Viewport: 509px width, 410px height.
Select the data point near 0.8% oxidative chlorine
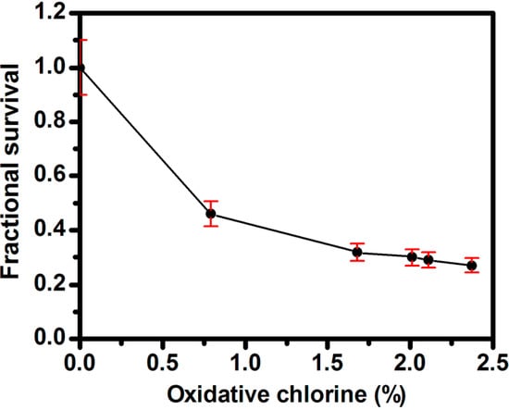click(211, 214)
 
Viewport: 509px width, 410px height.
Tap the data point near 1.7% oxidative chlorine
click(357, 252)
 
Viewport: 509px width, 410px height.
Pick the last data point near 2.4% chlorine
click(471, 265)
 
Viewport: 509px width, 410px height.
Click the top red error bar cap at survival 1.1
click(81, 41)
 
